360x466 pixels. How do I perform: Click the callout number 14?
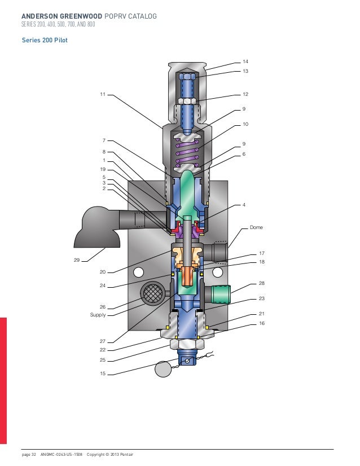click(x=245, y=61)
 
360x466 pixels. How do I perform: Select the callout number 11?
click(x=103, y=94)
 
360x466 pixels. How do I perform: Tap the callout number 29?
click(x=77, y=260)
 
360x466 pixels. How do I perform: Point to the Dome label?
click(x=256, y=227)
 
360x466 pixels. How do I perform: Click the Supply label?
click(x=98, y=315)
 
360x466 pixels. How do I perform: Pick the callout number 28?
click(x=262, y=283)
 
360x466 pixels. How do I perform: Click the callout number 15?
click(x=103, y=373)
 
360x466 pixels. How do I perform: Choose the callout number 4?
click(x=244, y=205)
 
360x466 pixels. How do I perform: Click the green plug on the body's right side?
click(x=221, y=294)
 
